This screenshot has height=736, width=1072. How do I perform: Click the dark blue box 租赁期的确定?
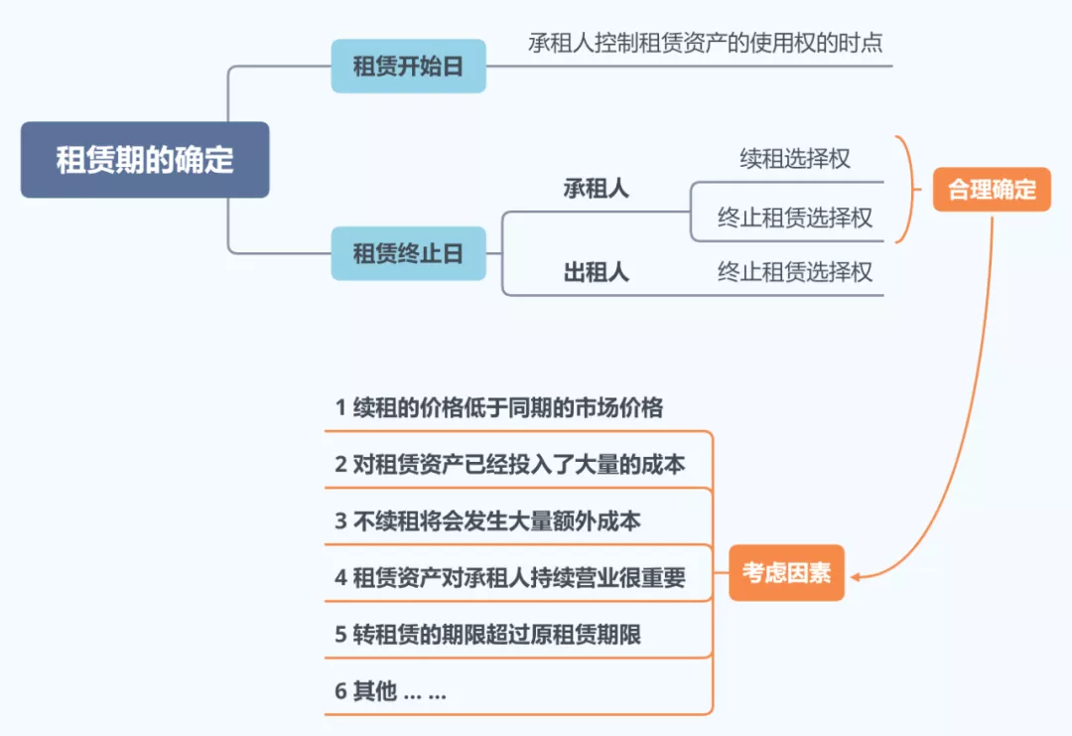[x=145, y=160]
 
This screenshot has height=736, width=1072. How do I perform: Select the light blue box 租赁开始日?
[x=408, y=67]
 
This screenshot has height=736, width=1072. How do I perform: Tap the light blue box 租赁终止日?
[x=408, y=253]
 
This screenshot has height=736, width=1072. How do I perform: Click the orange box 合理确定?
[x=992, y=190]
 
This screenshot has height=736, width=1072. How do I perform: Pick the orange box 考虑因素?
[x=786, y=573]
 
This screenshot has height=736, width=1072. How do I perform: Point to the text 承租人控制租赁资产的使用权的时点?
[x=705, y=44]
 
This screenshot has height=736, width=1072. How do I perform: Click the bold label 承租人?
[x=596, y=189]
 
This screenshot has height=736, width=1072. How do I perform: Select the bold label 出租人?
[x=596, y=272]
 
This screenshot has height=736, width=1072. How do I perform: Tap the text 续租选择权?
[x=794, y=159]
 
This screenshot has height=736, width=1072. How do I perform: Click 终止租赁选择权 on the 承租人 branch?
[x=794, y=218]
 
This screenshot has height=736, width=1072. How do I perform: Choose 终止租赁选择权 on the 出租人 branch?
[x=794, y=272]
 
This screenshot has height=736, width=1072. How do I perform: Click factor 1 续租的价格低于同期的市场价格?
[x=498, y=407]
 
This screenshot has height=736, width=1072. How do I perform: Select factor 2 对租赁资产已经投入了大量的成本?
[x=509, y=464]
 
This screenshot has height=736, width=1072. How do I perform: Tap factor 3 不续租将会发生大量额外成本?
[x=486, y=520]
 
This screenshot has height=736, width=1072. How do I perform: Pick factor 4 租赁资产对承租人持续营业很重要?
[x=509, y=577]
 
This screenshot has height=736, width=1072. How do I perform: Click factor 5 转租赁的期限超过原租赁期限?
[x=486, y=635]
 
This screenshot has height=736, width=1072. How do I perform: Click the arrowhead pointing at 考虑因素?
[x=857, y=574]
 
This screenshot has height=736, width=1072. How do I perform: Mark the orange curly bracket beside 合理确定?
[x=903, y=190]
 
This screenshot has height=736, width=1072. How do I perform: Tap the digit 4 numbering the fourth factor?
[x=340, y=578]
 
